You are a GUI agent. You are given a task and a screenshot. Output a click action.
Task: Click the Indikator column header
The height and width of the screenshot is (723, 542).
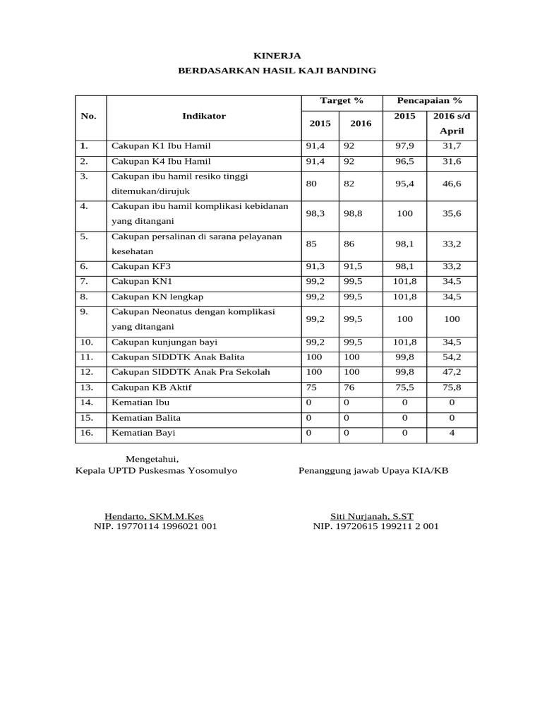coord(204,116)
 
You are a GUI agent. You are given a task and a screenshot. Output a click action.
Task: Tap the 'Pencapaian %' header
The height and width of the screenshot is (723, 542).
coord(429,101)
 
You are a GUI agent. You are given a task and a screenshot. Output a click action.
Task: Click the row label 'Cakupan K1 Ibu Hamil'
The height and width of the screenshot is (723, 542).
coord(161,146)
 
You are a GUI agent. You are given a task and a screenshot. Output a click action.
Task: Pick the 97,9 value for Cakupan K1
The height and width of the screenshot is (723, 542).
coord(404,146)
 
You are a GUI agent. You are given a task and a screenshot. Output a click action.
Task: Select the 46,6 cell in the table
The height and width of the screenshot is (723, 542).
coord(452,184)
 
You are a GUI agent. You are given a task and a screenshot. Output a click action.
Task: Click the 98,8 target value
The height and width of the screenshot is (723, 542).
coord(353,213)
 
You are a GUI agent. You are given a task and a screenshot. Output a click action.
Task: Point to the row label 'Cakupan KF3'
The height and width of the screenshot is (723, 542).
coord(141,266)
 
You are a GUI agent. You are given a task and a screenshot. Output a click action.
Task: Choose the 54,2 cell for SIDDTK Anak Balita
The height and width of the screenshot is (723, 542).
coord(452,357)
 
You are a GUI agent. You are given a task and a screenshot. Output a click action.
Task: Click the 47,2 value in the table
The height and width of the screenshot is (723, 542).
coord(452,372)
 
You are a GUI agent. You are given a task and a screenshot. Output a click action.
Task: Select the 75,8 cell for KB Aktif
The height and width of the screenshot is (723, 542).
coord(452,388)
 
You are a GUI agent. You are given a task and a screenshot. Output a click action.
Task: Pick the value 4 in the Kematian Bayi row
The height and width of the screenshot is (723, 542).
coord(452,433)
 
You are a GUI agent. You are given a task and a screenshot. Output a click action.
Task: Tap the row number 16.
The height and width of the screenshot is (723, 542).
coord(87,433)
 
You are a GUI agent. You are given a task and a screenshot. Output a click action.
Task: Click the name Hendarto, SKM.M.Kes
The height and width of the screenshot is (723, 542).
coord(154,516)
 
